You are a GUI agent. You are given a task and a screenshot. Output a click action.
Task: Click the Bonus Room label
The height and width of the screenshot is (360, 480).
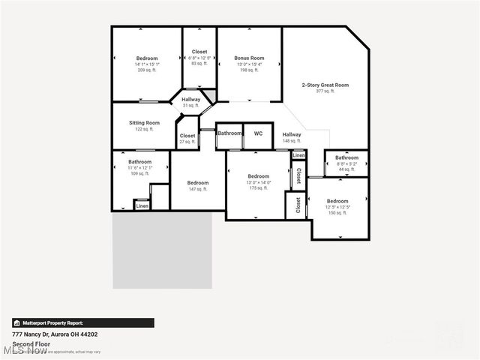coord(249,58)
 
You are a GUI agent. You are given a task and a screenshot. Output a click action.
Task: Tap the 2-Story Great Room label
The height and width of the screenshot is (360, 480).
coord(325,85)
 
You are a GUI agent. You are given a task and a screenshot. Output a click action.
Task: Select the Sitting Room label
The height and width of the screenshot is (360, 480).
coord(144,123)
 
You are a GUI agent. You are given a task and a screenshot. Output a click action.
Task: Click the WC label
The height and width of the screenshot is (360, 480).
coord(258,133)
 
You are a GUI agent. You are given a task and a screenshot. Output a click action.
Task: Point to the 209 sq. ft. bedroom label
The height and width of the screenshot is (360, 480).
coord(147,58)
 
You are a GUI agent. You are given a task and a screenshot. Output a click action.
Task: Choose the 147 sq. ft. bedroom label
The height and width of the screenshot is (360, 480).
coord(198,183)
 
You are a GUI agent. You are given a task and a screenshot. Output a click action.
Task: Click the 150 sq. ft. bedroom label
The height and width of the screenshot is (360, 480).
coord(337,201)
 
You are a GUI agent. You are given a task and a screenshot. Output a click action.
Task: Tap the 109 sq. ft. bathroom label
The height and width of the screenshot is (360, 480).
coord(140,162)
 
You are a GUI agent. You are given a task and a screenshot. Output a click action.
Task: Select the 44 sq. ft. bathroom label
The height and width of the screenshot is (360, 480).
coord(346,158)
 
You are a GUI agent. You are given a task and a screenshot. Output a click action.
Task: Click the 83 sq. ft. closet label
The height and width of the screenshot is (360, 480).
coord(199,52)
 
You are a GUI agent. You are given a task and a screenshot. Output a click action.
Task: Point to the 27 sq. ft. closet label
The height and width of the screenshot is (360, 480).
coord(187,136)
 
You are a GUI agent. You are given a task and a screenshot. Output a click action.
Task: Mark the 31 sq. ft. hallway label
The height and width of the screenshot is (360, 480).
coord(190,99)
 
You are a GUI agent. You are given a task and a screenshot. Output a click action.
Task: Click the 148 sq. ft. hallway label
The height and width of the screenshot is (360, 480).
coord(292,135)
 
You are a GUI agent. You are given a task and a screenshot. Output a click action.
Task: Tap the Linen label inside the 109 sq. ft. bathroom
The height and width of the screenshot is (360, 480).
coord(142,205)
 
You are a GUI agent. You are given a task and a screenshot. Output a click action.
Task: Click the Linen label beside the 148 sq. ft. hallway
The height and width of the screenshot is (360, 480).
coord(298,155)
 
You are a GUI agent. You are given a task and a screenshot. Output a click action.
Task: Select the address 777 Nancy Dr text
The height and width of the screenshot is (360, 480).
coord(55,334)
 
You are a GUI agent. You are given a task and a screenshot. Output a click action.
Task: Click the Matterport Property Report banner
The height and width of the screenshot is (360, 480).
coord(82,322)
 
